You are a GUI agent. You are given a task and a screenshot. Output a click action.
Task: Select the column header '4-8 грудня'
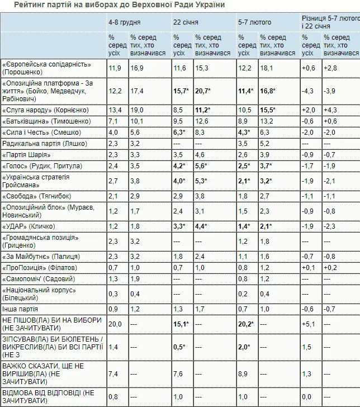tap(124, 22)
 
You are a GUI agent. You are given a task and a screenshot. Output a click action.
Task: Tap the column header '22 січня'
tap(186, 22)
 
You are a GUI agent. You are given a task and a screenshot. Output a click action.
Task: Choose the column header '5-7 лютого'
tap(255, 22)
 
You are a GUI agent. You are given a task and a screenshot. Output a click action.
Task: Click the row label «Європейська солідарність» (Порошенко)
tap(53, 68)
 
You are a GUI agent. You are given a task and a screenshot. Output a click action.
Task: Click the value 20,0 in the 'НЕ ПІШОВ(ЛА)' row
tap(115, 323)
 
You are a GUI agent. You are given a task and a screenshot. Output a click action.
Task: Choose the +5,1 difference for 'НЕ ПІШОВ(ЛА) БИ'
tap(309, 323)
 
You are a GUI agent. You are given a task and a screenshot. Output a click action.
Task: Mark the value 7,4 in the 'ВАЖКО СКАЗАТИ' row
tap(113, 373)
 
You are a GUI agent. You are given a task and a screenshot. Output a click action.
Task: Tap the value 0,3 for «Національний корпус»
tap(113, 294)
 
